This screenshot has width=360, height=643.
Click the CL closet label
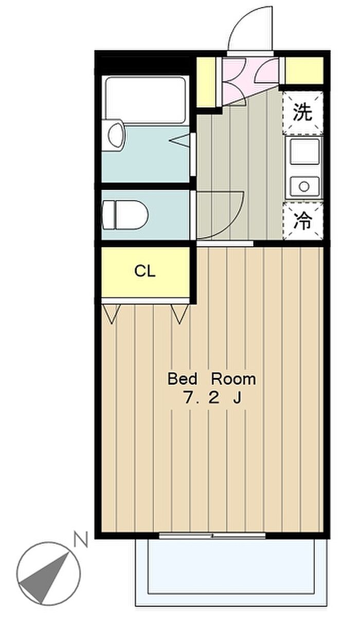point(145,271)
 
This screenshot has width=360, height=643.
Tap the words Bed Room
point(212,379)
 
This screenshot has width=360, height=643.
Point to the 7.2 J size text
point(212,398)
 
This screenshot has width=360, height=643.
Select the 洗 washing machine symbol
point(303,113)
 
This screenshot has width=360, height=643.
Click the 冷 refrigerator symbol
point(303,221)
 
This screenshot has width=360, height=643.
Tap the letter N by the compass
point(80,539)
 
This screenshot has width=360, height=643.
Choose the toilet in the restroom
point(125,215)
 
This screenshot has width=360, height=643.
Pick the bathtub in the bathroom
point(146,100)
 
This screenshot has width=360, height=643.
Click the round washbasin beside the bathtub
point(116,136)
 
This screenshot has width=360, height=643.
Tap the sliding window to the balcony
point(212,536)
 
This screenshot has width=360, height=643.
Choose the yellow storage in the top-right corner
point(304,70)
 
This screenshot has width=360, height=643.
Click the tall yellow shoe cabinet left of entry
point(206,82)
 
